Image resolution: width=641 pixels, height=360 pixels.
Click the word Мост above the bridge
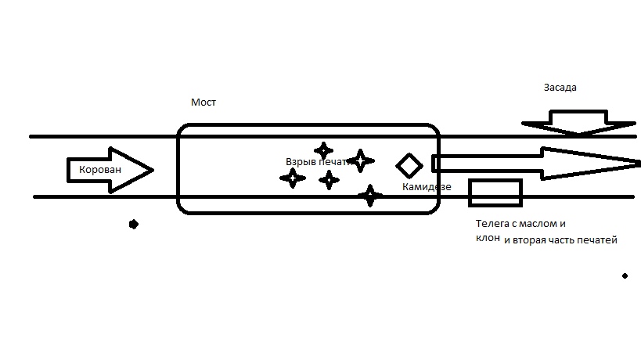pos(203,103)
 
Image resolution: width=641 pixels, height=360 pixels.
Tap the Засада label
pos(560,88)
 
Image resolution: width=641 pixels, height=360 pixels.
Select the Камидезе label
pos(427,187)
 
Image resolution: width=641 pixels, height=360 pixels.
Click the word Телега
pos(494,224)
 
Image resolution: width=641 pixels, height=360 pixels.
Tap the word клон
pos(488,239)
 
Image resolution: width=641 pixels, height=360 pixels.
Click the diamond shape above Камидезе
pos(409,165)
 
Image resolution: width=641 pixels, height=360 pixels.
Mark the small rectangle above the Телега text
pos(495,193)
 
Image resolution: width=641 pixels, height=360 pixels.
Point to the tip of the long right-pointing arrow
pos(637,163)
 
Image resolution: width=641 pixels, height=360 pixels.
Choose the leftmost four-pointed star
pos(292,178)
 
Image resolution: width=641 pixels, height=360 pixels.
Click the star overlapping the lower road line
pos(370,196)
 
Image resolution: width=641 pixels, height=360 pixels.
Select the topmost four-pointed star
pos(323,150)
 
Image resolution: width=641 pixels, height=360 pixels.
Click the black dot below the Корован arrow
pos(134,225)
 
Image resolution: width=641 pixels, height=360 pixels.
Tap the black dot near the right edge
pos(625,275)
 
